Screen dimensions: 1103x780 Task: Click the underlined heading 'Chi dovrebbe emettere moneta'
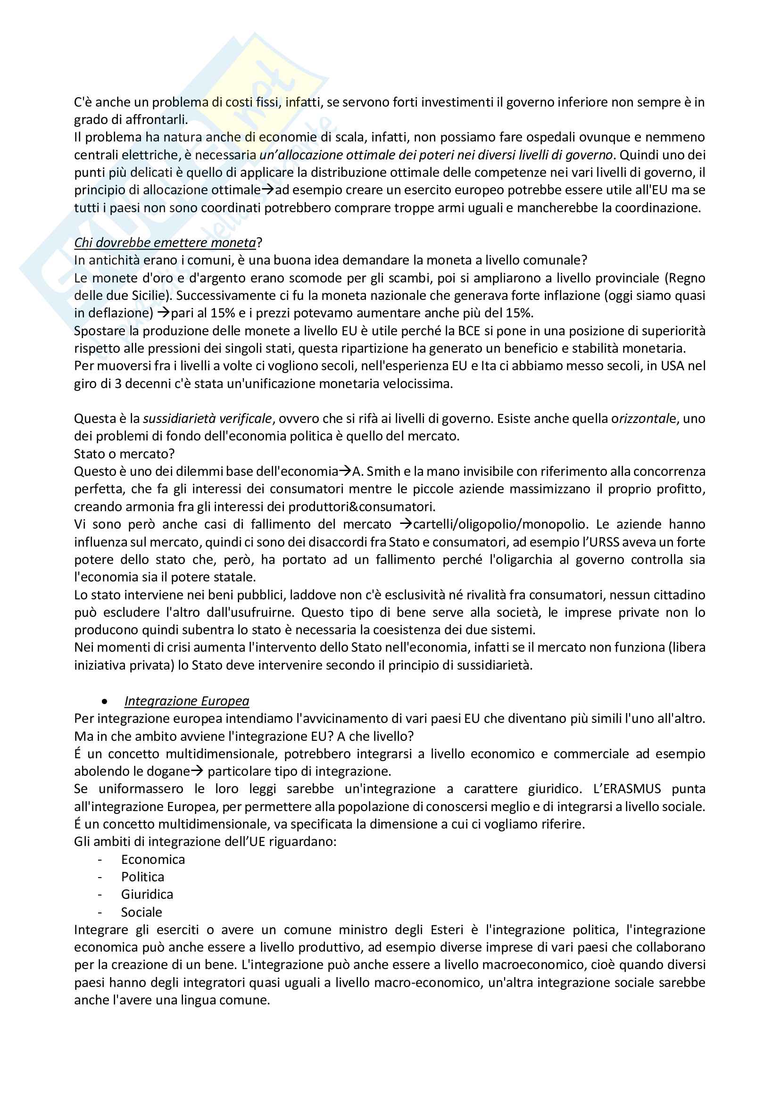point(165,242)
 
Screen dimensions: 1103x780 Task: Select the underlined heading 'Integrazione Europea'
point(186,701)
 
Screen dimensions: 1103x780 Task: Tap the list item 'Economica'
point(153,860)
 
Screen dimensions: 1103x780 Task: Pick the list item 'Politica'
point(142,877)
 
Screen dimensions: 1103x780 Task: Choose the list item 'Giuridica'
point(147,895)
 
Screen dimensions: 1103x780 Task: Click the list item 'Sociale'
point(141,912)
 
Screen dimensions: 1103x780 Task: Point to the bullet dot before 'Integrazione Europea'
point(105,702)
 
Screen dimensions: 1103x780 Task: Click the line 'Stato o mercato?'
point(124,454)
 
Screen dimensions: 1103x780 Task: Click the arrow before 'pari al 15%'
point(164,313)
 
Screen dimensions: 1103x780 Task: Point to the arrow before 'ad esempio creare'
point(268,190)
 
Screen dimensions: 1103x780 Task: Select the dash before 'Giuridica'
point(100,895)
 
